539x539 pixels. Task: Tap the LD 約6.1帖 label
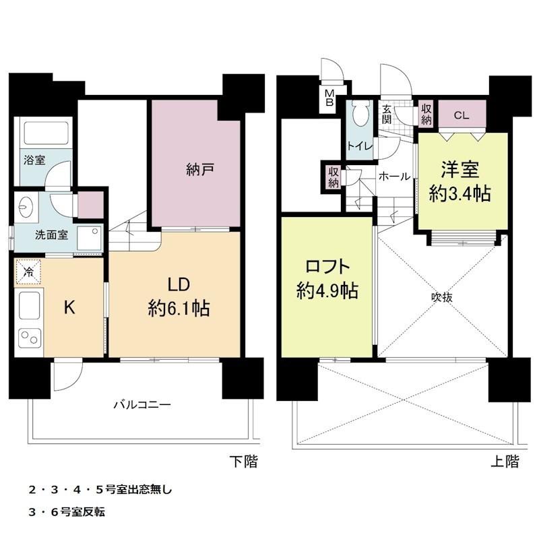tap(179, 296)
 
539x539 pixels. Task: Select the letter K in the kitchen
tap(70, 307)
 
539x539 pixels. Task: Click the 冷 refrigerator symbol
tap(28, 272)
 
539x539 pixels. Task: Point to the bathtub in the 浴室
tap(46, 133)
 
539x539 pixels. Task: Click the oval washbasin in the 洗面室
tap(26, 207)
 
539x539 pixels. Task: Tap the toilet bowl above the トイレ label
tap(360, 114)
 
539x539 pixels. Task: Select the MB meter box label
tap(329, 98)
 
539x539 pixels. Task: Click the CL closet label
tap(462, 115)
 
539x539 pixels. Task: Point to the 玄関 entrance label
tap(387, 115)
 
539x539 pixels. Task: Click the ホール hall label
tap(394, 177)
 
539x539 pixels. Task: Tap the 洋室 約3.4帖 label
tap(460, 181)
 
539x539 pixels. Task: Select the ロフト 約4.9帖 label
tap(327, 279)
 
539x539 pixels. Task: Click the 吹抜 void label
tap(442, 297)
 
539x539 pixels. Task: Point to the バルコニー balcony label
tap(142, 405)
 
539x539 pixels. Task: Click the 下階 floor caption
tap(243, 462)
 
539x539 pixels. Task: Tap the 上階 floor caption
tap(505, 462)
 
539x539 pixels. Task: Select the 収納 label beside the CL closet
tap(426, 114)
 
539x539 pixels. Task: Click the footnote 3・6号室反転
tap(67, 512)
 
